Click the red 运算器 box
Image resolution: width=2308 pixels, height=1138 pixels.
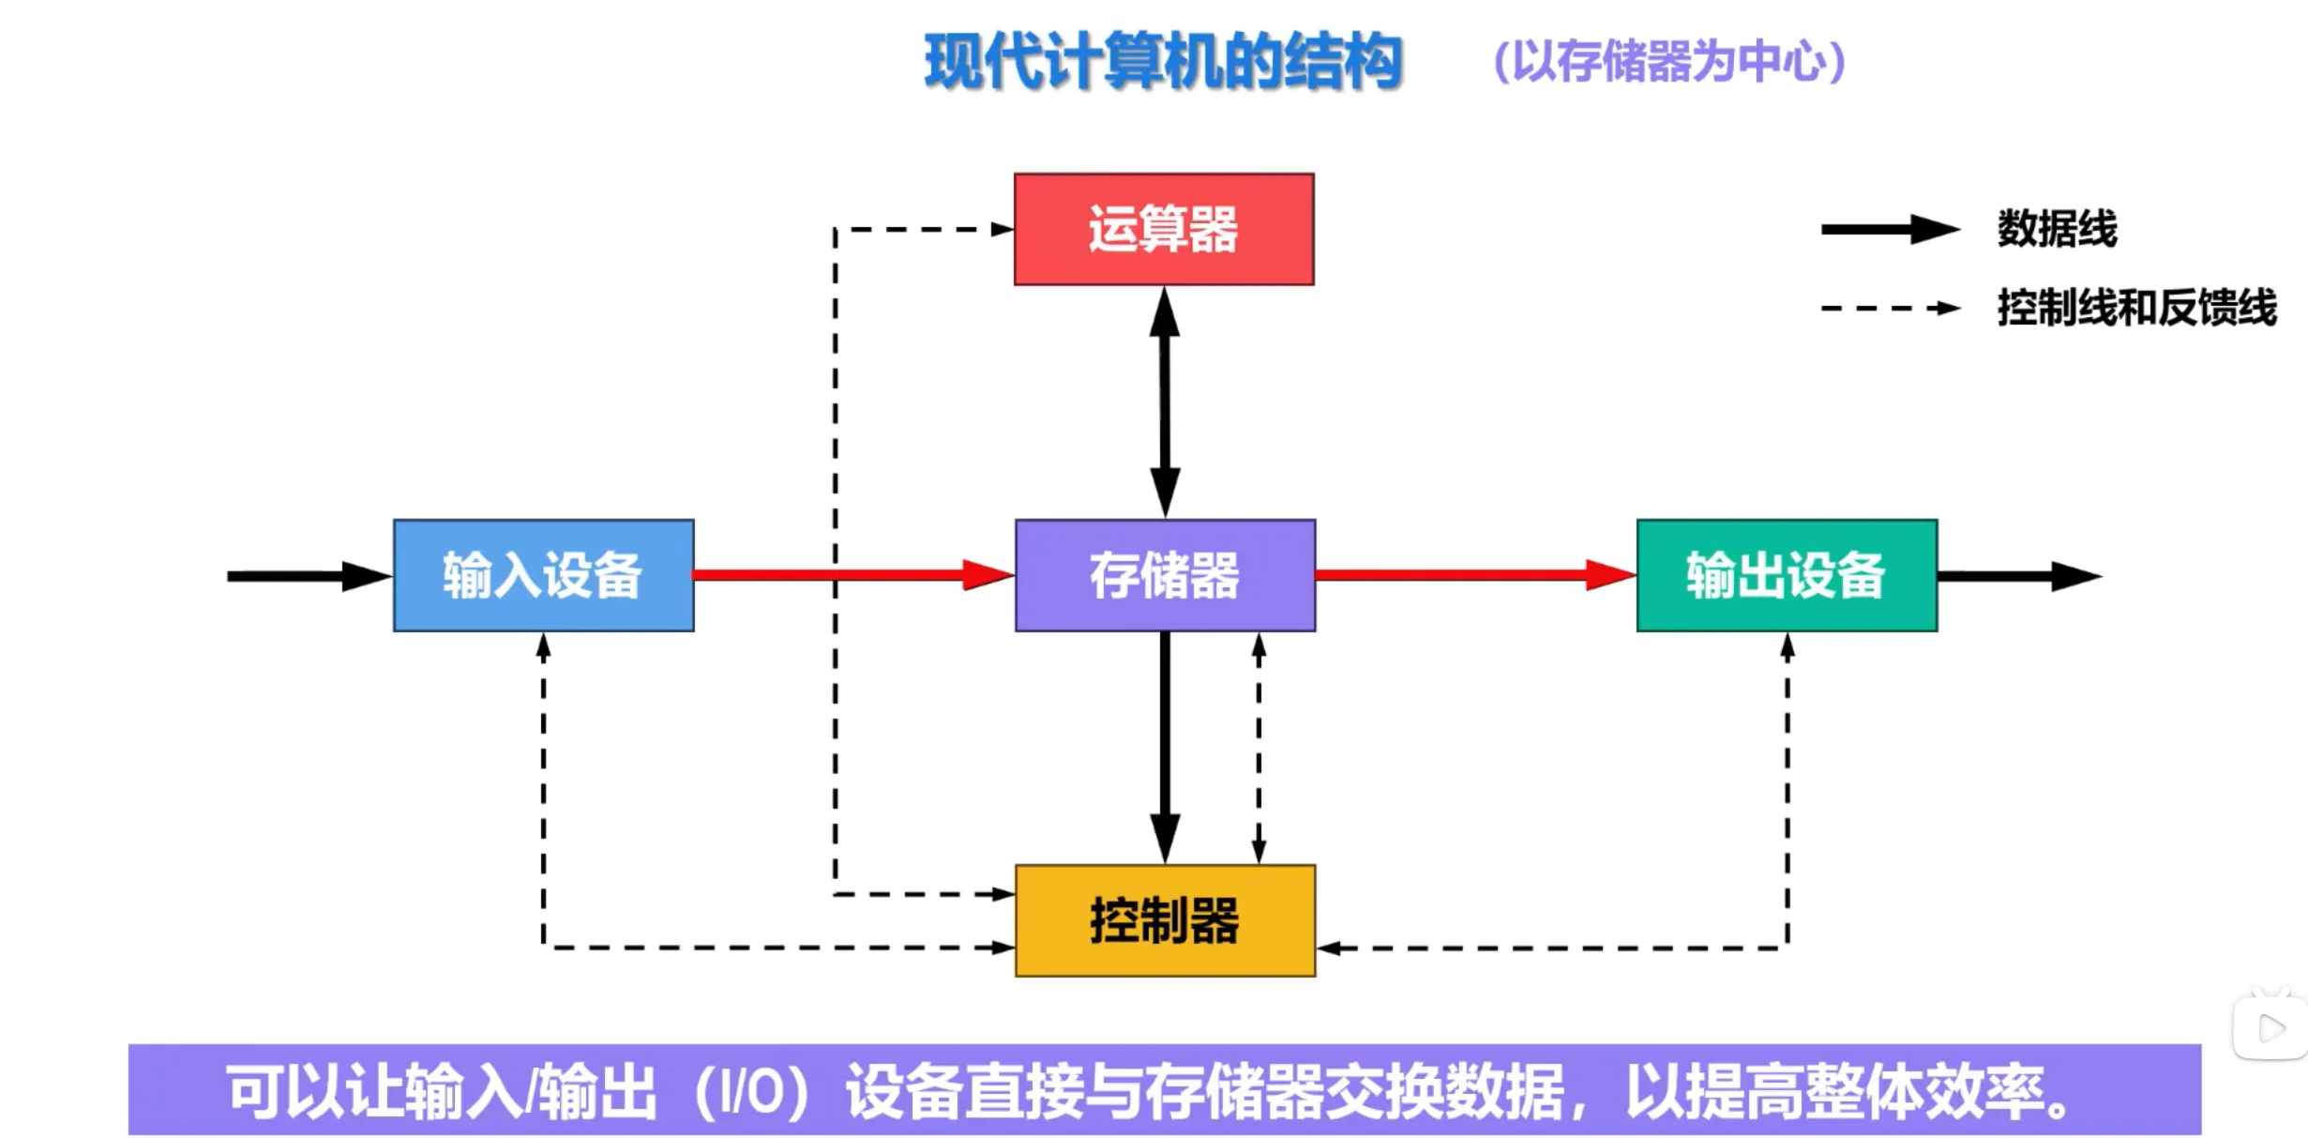pos(1164,229)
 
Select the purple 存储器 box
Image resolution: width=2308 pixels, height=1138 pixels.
pos(1165,575)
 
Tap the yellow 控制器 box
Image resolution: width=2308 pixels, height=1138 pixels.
pos(1165,920)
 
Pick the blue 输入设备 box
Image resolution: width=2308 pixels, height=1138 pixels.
pos(544,575)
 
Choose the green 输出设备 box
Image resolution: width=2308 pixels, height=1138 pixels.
pos(1787,575)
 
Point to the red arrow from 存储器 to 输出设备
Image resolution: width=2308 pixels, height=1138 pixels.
pos(1472,575)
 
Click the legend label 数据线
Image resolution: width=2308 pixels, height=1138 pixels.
pos(2057,229)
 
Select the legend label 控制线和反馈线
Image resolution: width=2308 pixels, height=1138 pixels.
pos(2136,308)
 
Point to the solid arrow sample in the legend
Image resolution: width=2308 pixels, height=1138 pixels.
pos(1889,229)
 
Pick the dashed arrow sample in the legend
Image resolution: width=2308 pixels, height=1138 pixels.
pos(1889,308)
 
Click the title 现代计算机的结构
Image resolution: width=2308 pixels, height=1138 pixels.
pos(1163,62)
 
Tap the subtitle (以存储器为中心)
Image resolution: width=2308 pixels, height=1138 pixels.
pos(1669,62)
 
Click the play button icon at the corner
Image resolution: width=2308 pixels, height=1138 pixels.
pos(2271,1028)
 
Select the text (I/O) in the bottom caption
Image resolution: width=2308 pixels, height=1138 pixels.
pos(751,1092)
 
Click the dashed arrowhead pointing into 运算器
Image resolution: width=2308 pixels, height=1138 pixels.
pos(1003,229)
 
